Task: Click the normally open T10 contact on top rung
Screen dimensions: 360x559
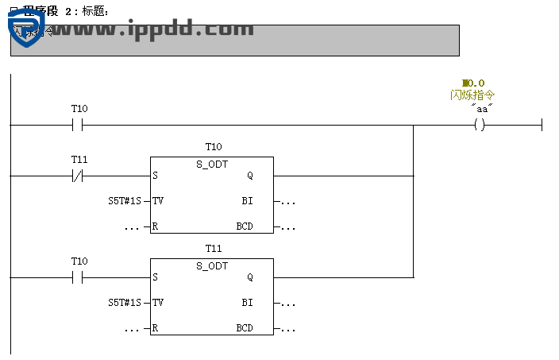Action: point(78,125)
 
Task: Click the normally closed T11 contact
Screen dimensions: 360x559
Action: point(78,176)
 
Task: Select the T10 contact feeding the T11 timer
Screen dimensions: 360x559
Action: point(78,277)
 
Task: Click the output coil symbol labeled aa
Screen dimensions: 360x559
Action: point(479,125)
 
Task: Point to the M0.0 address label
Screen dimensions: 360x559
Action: point(473,83)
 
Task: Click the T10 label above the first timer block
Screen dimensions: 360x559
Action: point(213,147)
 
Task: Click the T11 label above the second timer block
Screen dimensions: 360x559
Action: point(213,249)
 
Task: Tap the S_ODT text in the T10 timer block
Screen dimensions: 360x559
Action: point(212,164)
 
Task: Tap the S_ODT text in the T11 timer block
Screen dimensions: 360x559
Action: point(212,265)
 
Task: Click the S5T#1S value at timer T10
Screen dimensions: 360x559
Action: point(125,201)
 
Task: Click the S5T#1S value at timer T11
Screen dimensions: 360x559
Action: point(125,303)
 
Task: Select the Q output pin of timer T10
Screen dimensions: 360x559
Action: point(250,176)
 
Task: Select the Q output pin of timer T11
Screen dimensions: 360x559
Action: point(250,277)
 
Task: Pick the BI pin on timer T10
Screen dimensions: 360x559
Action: point(247,201)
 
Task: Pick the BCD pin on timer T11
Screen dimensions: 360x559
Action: point(245,328)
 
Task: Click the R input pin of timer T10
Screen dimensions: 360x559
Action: point(155,226)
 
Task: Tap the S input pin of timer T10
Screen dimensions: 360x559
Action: point(155,176)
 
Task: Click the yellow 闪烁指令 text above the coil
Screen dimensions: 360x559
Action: point(472,95)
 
